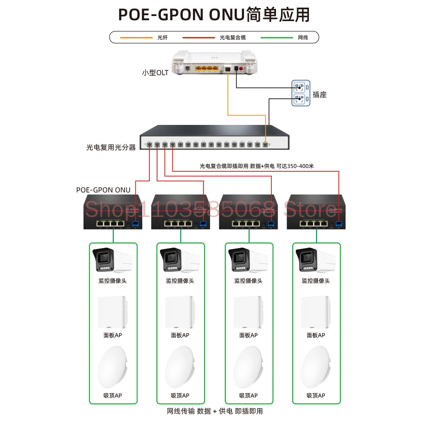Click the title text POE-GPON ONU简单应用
point(214,15)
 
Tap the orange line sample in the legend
point(136,38)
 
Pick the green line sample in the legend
point(276,38)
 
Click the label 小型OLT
point(155,73)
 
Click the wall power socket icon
point(301,93)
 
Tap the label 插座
point(319,95)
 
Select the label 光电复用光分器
point(111,147)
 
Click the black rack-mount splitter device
point(215,138)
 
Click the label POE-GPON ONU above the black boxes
point(103,190)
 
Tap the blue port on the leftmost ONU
point(135,223)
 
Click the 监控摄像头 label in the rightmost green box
point(316,281)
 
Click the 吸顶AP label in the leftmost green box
point(112,395)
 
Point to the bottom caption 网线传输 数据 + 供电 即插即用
point(215,411)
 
